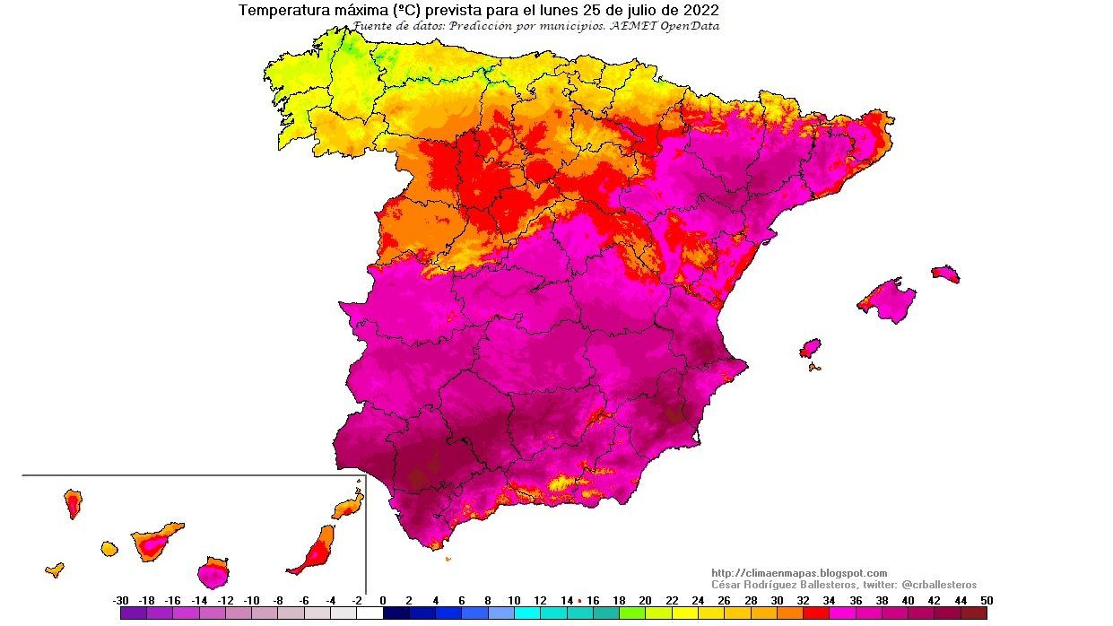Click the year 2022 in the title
pos(700,11)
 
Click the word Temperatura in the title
pos(282,11)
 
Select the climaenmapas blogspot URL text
pos(799,573)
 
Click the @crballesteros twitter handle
pos(938,585)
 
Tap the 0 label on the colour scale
pos(383,601)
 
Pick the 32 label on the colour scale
pos(804,601)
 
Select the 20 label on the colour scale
pos(645,601)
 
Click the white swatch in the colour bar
pos(370,613)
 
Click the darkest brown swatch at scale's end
pos(974,613)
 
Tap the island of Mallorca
pos(888,299)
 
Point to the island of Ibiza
pos(810,348)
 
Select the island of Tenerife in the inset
pos(154,541)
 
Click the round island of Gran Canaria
pos(213,570)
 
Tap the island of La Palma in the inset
pos(73,502)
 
